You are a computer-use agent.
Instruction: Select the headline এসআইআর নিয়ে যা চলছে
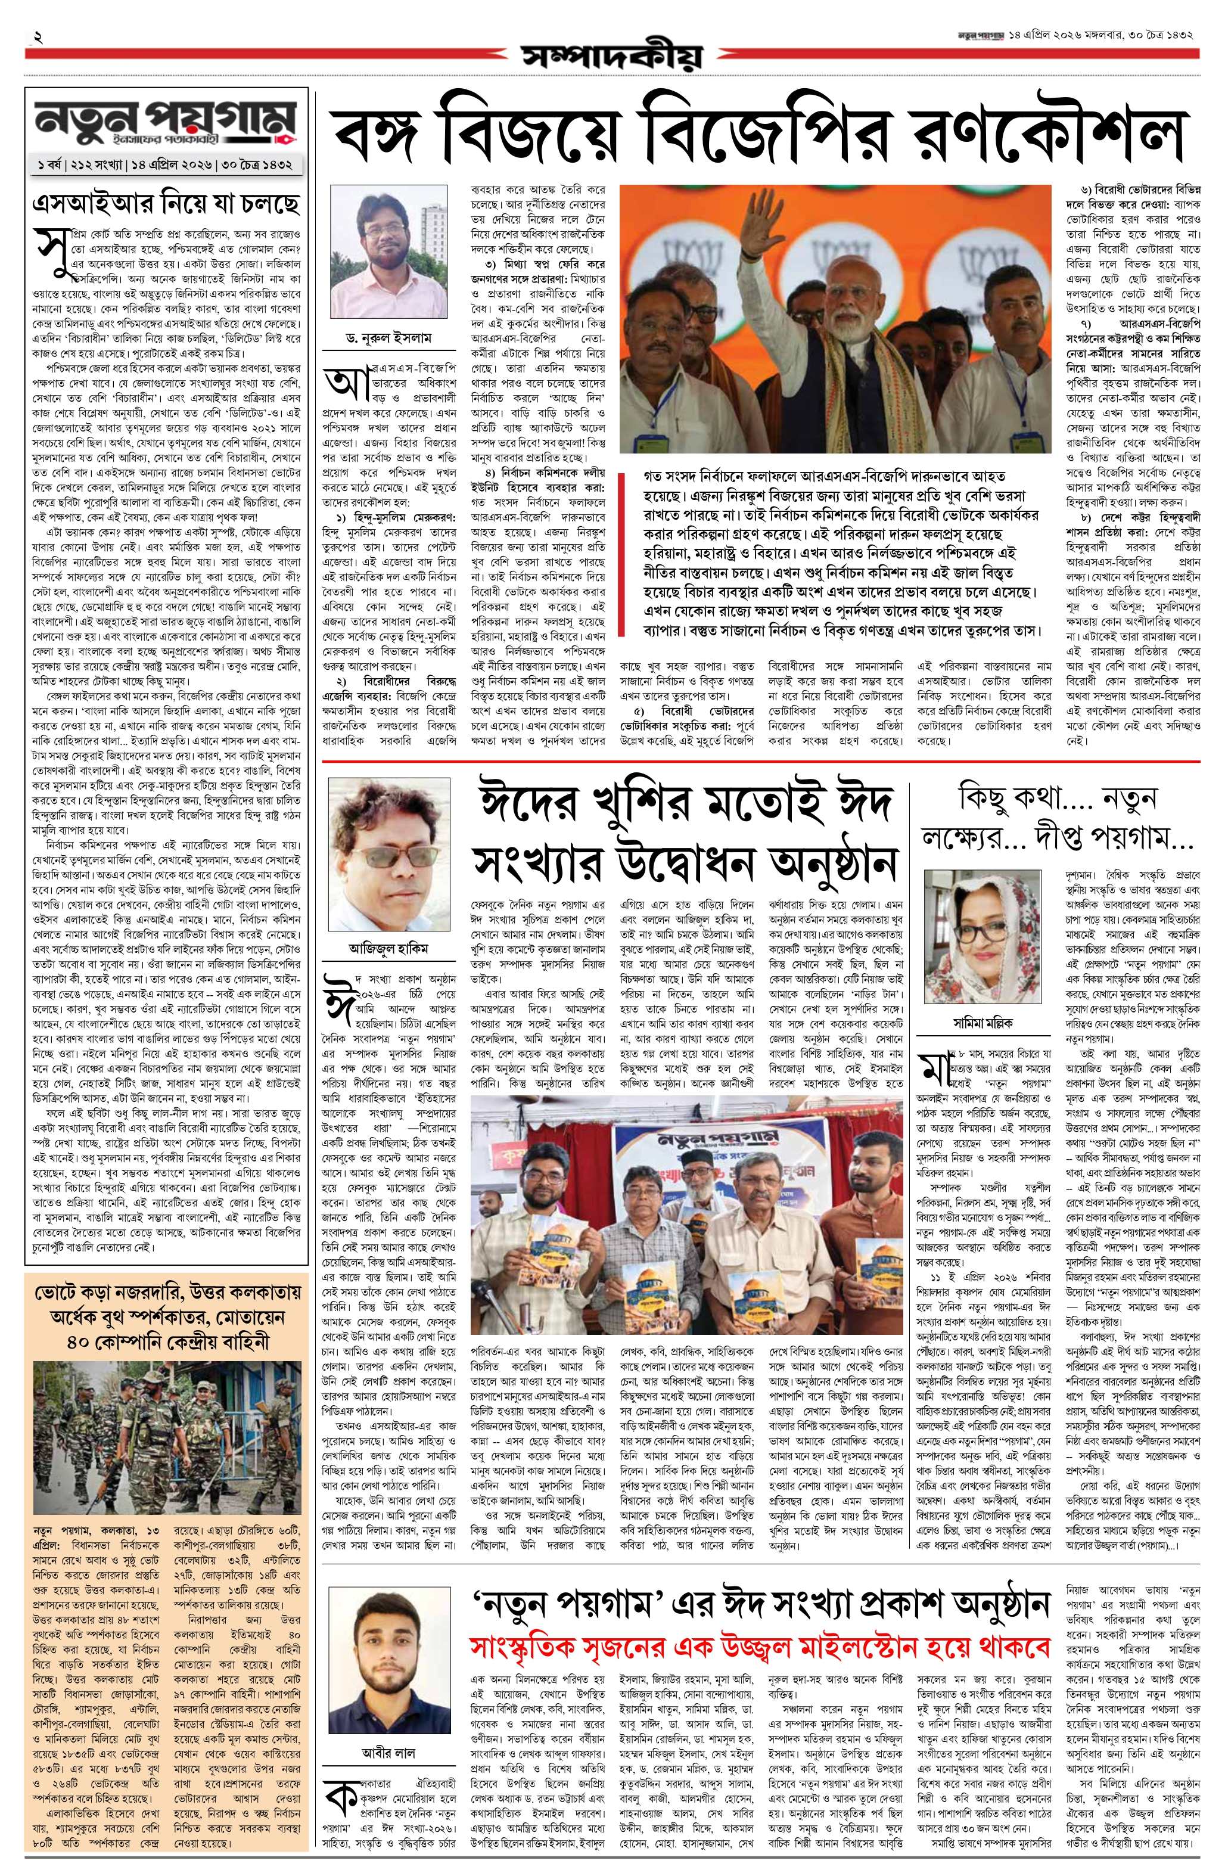pos(165,204)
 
